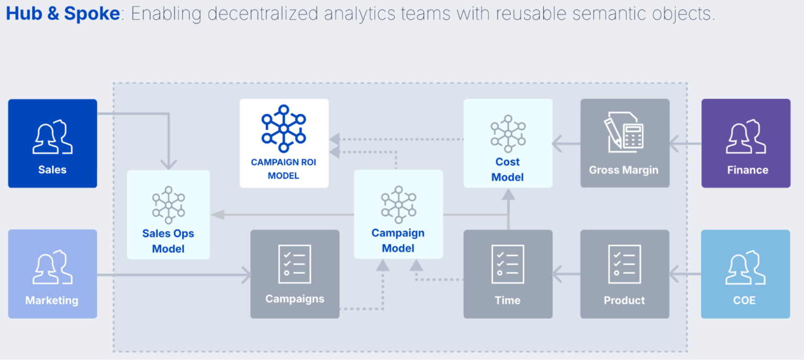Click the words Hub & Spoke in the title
(63, 14)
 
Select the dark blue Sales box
(52, 143)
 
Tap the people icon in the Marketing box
(52, 267)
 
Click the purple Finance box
(746, 143)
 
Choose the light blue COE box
(746, 274)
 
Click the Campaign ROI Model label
(284, 169)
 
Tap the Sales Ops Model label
(168, 241)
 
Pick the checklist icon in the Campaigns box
(295, 264)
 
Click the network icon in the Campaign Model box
(398, 204)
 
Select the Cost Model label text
(508, 170)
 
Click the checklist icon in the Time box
(508, 264)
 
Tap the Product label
(624, 300)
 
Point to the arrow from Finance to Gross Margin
(685, 142)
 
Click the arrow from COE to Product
(685, 274)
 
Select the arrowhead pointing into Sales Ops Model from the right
(217, 215)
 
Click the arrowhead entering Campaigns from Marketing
(246, 275)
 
